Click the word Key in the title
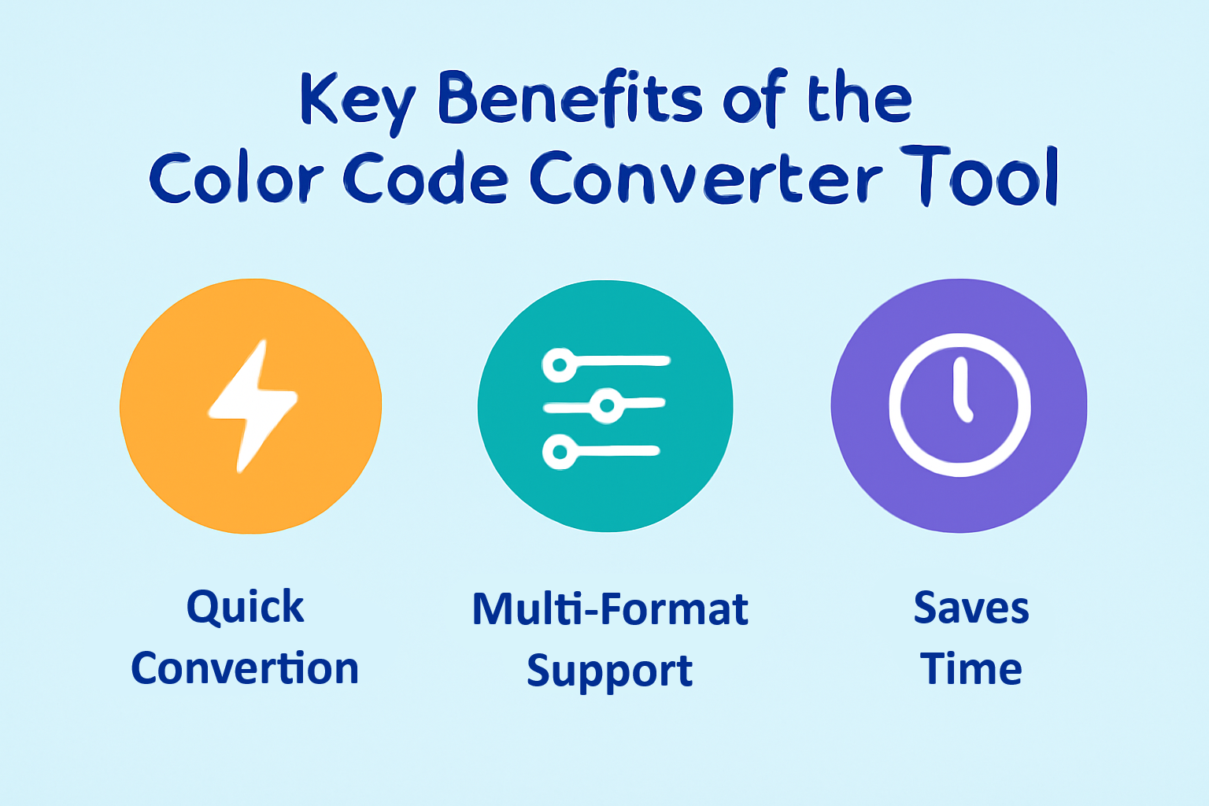(x=358, y=103)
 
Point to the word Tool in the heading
(x=980, y=176)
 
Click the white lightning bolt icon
(x=253, y=406)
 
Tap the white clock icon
(x=959, y=405)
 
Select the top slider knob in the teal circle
(x=560, y=365)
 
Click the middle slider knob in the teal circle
(x=607, y=405)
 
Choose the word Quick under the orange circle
(x=246, y=608)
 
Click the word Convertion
(x=245, y=668)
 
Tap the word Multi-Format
(x=610, y=609)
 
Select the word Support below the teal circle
(x=610, y=671)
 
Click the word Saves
(x=971, y=608)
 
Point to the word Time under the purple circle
(x=971, y=668)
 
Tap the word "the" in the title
(x=860, y=101)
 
